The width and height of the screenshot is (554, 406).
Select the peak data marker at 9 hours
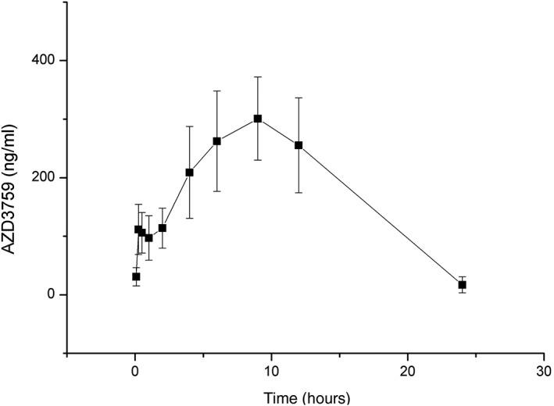[258, 119]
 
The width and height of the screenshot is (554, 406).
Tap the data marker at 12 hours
[298, 145]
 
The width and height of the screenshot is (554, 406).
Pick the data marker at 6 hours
[217, 141]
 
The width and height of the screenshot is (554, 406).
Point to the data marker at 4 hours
[190, 172]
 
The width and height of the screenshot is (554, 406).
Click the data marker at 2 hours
[163, 228]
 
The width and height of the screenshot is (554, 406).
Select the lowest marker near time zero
[136, 276]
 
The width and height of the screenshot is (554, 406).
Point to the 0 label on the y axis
[52, 295]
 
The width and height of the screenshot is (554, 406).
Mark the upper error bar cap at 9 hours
[258, 77]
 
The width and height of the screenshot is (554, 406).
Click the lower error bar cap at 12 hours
[298, 192]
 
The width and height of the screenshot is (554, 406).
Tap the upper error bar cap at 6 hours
[217, 91]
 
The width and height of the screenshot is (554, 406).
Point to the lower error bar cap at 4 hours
[190, 218]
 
